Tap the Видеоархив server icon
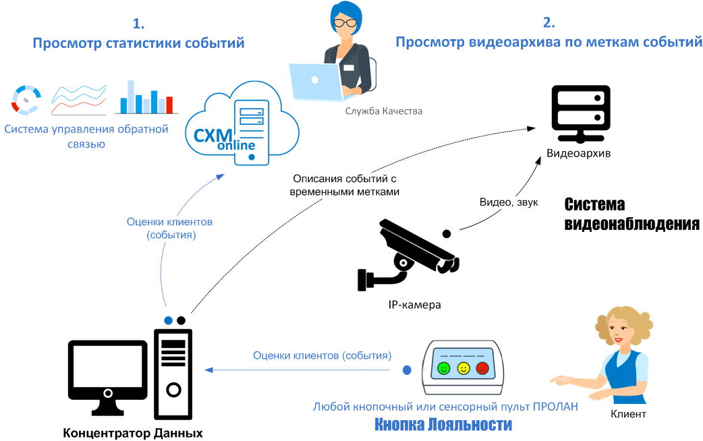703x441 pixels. [x=580, y=113]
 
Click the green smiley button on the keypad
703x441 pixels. [x=443, y=368]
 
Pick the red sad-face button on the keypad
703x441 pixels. [x=482, y=368]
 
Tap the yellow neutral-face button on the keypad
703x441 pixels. [x=463, y=368]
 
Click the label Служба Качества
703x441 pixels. [x=383, y=111]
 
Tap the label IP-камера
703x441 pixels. [x=414, y=305]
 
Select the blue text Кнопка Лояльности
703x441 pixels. [x=443, y=425]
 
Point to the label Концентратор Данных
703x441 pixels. [x=133, y=432]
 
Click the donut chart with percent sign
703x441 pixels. [x=26, y=99]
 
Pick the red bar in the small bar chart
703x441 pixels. [x=169, y=105]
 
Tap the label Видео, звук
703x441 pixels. [x=508, y=202]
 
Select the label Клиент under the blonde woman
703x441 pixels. [x=628, y=414]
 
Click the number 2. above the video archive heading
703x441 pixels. [x=549, y=23]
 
